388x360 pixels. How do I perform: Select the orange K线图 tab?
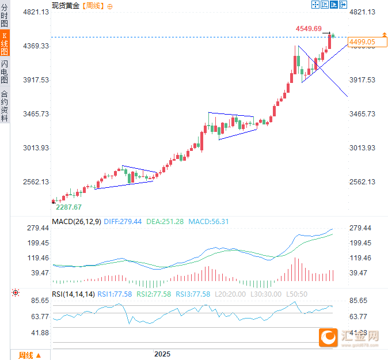(5, 44)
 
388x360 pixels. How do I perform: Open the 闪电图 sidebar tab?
(5, 71)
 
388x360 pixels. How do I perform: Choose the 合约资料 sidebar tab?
(5, 105)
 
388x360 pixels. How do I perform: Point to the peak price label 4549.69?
(309, 28)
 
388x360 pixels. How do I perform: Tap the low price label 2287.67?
(69, 207)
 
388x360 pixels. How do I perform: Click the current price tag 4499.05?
(362, 42)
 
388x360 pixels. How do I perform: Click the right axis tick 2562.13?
(363, 182)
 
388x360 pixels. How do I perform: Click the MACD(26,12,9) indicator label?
(77, 222)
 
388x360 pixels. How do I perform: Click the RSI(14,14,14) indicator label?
(73, 294)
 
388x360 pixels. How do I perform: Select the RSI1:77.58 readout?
(115, 294)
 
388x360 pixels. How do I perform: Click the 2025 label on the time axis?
(162, 354)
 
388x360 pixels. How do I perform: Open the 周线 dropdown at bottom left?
(30, 355)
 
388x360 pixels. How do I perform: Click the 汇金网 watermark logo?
(349, 338)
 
